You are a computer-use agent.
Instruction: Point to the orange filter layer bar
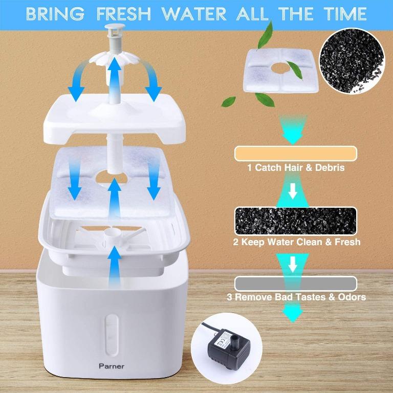point(295,154)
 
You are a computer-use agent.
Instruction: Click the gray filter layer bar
point(295,284)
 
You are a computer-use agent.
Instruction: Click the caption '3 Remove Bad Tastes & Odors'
point(296,297)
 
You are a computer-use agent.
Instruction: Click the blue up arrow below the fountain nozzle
point(115,74)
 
